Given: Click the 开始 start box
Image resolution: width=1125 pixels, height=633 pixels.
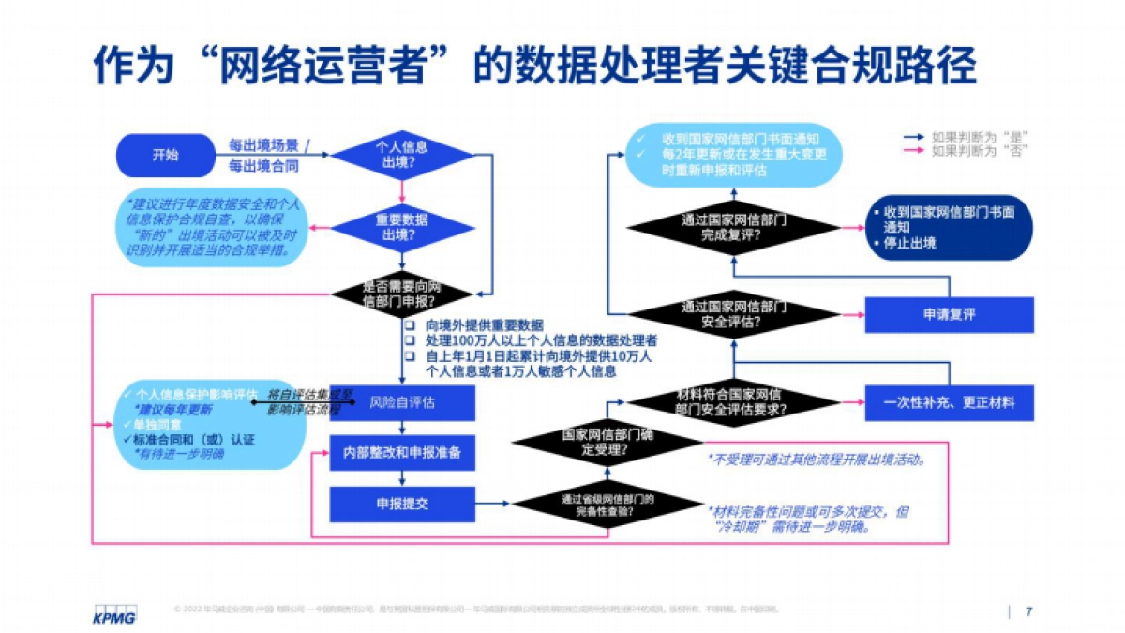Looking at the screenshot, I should click(165, 156).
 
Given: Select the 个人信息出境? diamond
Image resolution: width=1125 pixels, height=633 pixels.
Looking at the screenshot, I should click(401, 156).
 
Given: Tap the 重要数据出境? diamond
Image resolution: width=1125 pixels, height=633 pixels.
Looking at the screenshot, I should click(401, 227).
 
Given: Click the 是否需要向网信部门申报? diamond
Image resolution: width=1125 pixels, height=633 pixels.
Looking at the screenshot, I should click(401, 294).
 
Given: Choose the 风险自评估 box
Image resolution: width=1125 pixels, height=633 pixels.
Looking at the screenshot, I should click(401, 403).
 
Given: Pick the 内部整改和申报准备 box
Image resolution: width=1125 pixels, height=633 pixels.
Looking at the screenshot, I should click(401, 454).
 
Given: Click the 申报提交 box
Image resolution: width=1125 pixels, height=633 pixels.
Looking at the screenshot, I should click(401, 505).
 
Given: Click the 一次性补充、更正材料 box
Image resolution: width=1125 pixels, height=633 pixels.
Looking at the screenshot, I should click(948, 403).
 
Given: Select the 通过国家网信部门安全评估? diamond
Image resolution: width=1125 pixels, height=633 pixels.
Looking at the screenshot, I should click(733, 313).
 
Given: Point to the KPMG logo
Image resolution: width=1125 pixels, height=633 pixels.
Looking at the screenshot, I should click(113, 615).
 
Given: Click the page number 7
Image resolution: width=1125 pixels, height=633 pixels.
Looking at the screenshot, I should click(1028, 612).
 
